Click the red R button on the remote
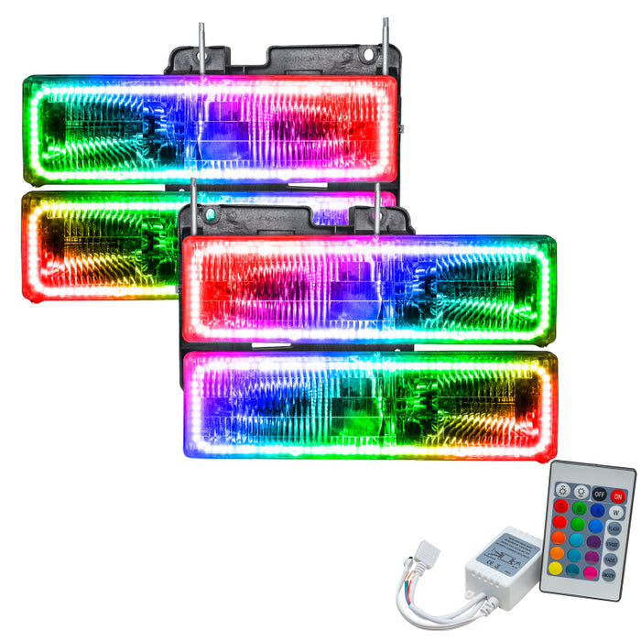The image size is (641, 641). point(561,506)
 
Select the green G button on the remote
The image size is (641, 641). point(580,508)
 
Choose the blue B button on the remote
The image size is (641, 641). point(598,510)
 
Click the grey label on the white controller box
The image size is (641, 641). point(508,555)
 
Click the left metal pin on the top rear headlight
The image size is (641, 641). point(201,39)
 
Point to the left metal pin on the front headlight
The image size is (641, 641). point(192,203)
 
